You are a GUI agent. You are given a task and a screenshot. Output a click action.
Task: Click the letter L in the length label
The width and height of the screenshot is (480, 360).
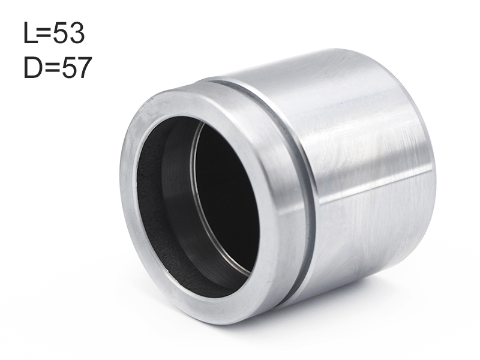pyautogui.click(x=30, y=33)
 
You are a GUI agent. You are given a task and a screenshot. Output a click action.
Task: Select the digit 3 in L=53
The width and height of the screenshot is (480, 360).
pyautogui.click(x=76, y=33)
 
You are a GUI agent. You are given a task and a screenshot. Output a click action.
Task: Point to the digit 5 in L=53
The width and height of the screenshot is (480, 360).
pyautogui.click(x=59, y=33)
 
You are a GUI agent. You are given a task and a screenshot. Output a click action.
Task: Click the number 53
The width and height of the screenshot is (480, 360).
pyautogui.click(x=68, y=33)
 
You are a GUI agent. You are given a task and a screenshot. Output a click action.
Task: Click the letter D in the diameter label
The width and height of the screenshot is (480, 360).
pyautogui.click(x=32, y=67)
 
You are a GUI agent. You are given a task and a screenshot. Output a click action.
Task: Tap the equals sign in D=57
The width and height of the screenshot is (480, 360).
pyautogui.click(x=52, y=68)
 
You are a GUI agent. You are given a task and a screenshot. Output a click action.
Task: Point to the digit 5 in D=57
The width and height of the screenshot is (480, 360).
pyautogui.click(x=68, y=67)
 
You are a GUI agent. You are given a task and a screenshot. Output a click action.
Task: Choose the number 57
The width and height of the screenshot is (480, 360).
pyautogui.click(x=76, y=67)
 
